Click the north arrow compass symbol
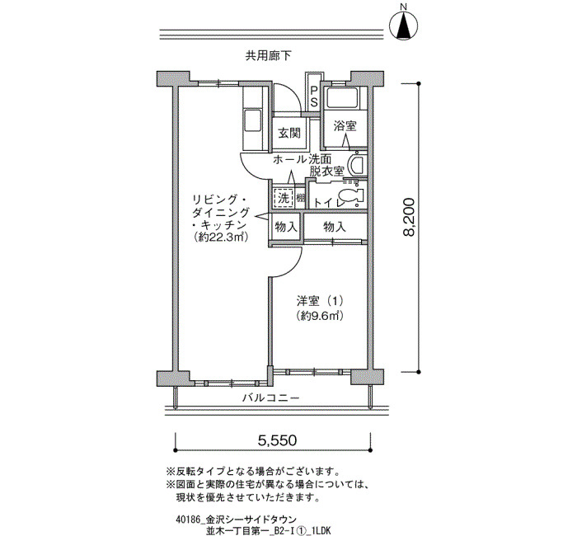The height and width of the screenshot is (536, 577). pos(403,25)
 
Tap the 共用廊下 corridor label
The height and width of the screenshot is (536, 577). pos(268,56)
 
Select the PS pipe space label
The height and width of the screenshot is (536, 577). pos(313,96)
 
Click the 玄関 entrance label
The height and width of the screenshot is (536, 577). pos(289,133)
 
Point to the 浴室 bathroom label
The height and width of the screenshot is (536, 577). pos(345,126)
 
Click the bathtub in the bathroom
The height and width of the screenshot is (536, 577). pos(343,98)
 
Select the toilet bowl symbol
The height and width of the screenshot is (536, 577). pos(350,198)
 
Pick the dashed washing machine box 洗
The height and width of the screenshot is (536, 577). pos(283,199)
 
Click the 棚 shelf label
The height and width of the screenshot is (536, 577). pos(301,199)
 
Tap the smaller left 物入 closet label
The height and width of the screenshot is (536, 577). pos(286,227)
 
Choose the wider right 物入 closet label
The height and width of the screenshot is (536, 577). pos(335,227)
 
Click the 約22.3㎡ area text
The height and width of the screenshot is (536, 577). pos(220,237)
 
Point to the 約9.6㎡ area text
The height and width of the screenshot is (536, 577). pos(320,316)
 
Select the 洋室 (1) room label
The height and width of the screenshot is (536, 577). pos(320,302)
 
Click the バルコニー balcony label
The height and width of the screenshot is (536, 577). pos(271,397)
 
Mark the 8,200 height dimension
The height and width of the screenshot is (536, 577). pos(408,217)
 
